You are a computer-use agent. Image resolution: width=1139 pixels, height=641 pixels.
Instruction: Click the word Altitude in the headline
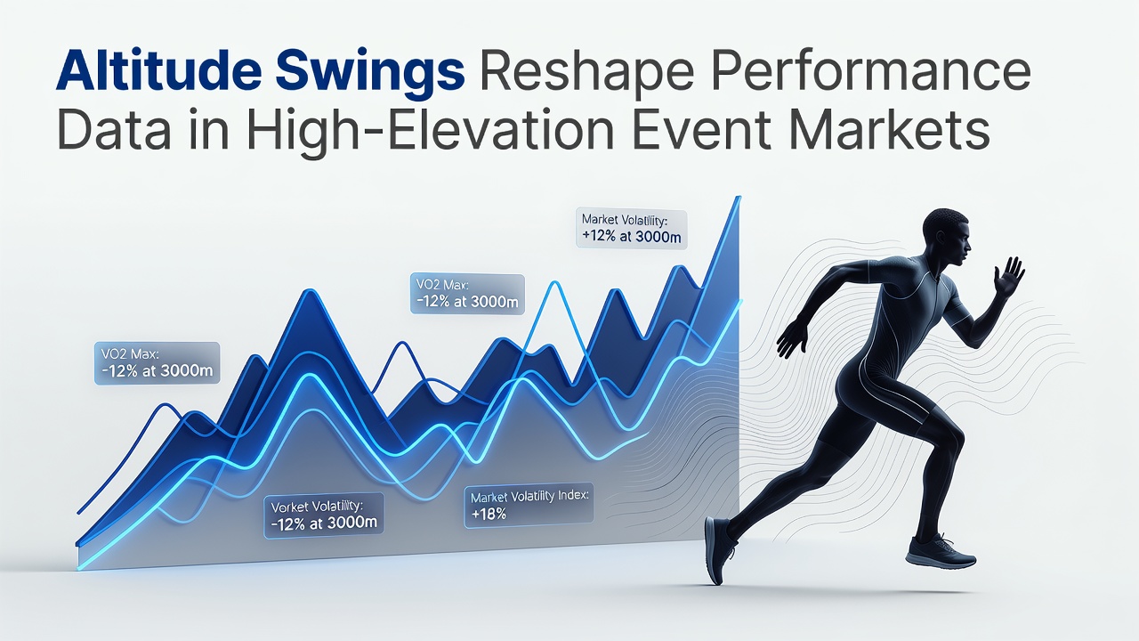tap(158, 72)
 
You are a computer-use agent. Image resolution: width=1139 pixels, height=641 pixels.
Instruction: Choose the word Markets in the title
tap(885, 129)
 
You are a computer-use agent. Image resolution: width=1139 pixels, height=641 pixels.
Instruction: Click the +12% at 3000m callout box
tap(632, 229)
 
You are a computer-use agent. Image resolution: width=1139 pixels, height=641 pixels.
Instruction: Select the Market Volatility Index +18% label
tap(529, 506)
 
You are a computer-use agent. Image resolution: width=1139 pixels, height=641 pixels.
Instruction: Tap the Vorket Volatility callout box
tap(324, 515)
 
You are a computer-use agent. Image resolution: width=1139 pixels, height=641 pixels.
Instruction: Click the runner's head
tap(947, 236)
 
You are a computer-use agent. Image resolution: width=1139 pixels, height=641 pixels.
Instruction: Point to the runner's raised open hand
tap(1009, 276)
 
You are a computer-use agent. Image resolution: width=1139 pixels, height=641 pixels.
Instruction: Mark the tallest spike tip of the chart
tap(739, 198)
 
